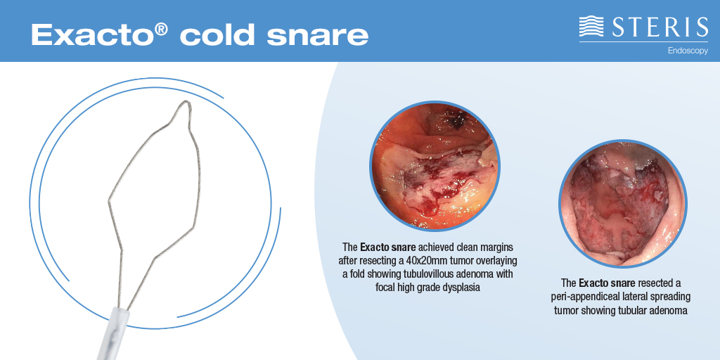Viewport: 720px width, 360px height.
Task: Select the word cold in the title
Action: coord(221,34)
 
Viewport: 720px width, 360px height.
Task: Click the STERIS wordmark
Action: coord(659,27)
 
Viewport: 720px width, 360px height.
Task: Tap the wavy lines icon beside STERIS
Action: coord(591,27)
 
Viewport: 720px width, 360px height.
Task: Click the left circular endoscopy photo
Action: coord(435,166)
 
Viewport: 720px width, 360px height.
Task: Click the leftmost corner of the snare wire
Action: coord(108,200)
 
